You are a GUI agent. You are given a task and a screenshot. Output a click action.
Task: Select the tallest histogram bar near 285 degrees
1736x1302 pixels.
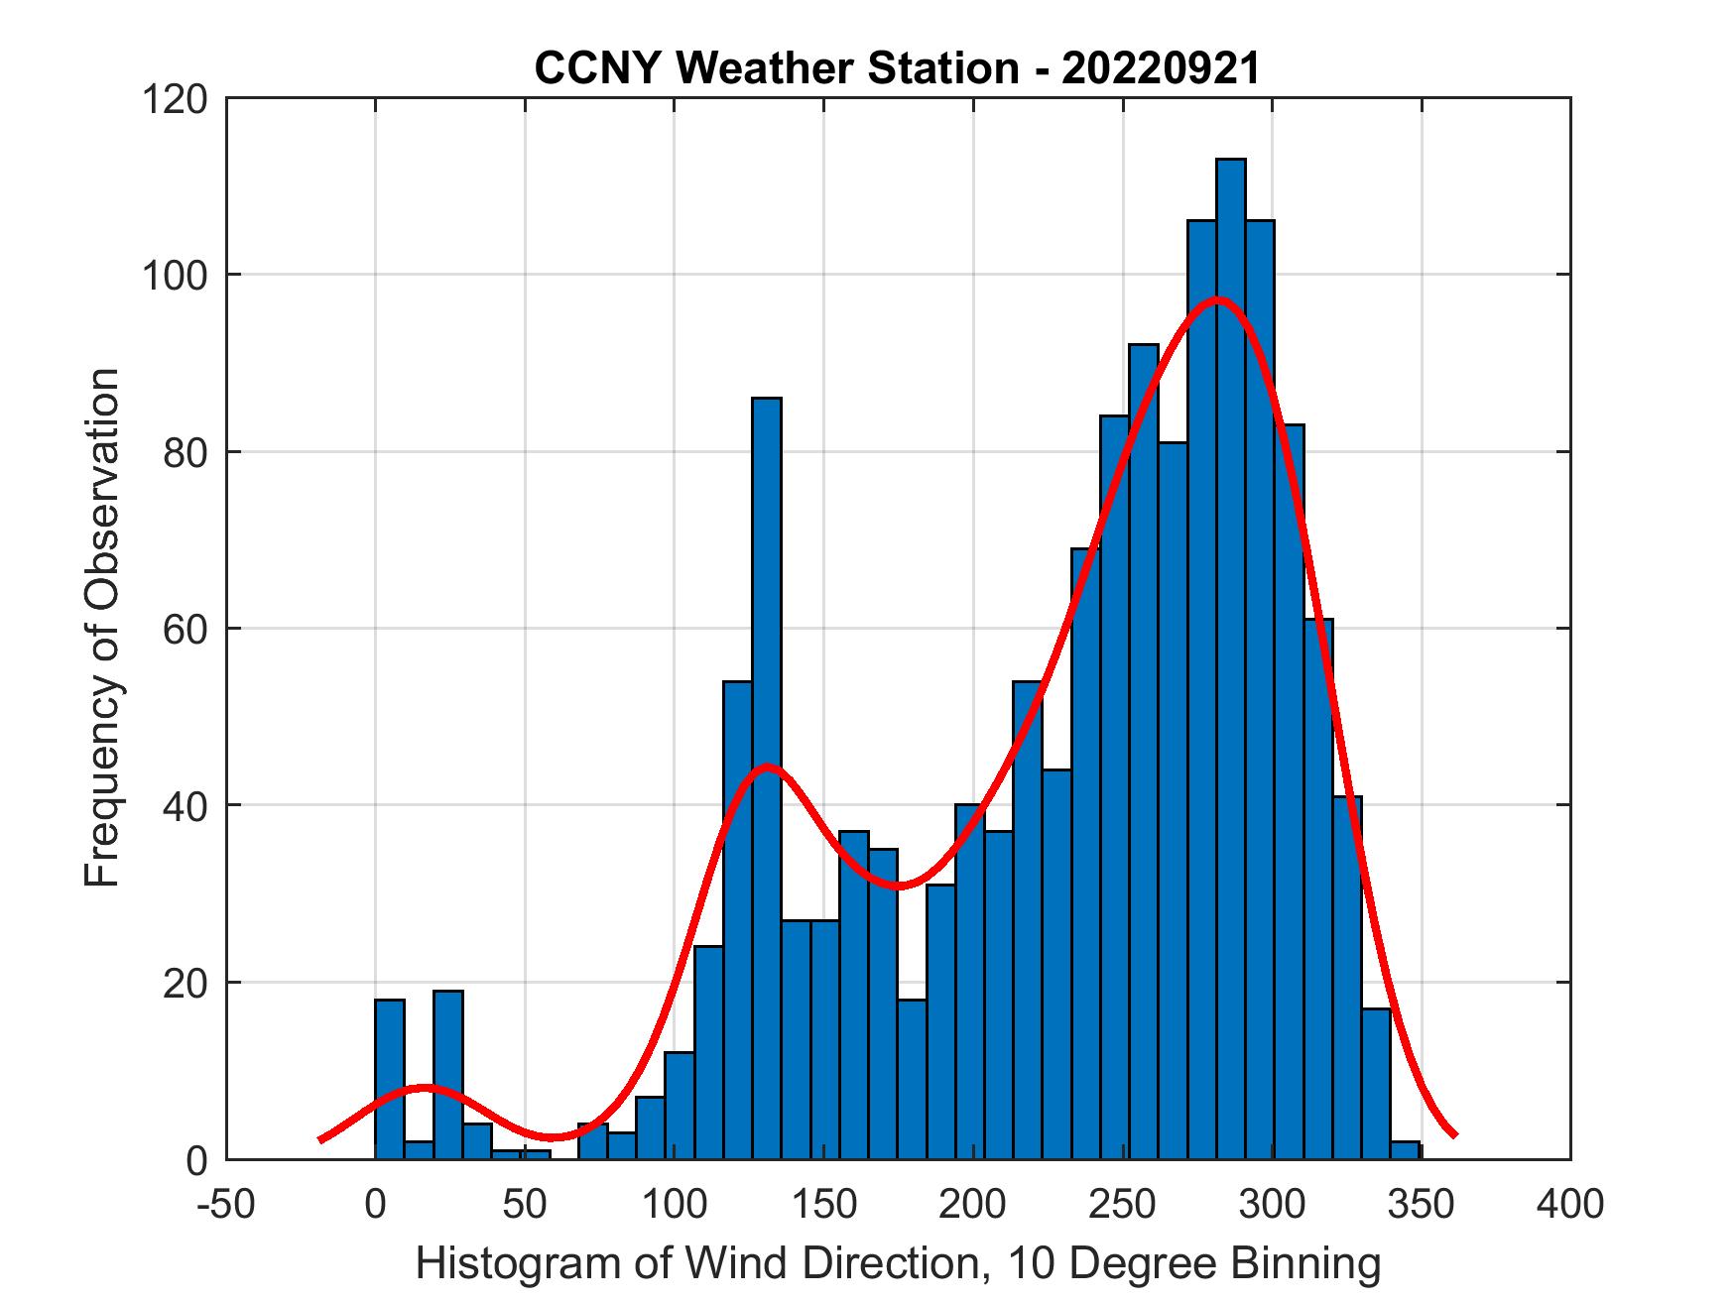click(1230, 654)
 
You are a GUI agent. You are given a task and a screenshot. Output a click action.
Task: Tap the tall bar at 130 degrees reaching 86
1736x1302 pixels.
click(766, 773)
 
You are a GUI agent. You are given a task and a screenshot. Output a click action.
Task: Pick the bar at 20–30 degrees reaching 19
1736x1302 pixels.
click(448, 1075)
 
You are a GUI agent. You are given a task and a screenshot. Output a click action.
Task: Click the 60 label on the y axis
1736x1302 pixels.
click(185, 629)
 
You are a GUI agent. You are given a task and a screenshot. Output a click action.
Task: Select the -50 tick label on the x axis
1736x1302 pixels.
click(227, 1204)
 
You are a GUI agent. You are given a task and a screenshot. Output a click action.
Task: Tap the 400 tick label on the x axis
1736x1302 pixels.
click(1569, 1204)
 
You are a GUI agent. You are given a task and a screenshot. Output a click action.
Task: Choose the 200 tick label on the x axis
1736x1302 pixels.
click(973, 1204)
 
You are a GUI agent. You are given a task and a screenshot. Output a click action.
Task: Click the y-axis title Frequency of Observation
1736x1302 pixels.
click(102, 627)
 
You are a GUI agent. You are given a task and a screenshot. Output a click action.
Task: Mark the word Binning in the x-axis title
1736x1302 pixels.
click(1307, 1263)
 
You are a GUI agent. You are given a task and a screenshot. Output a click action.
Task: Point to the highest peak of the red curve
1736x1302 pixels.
click(1217, 298)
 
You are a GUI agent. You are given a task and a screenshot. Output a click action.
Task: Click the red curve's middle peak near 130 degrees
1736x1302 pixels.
click(767, 766)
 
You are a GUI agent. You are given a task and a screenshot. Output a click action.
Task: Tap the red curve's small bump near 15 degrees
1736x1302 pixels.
click(424, 1088)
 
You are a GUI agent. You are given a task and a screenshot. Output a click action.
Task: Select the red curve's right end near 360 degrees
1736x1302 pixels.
click(1452, 1133)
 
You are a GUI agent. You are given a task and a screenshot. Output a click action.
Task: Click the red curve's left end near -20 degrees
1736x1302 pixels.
click(320, 1139)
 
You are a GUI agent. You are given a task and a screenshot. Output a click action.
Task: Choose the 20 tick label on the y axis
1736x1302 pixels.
click(185, 983)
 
